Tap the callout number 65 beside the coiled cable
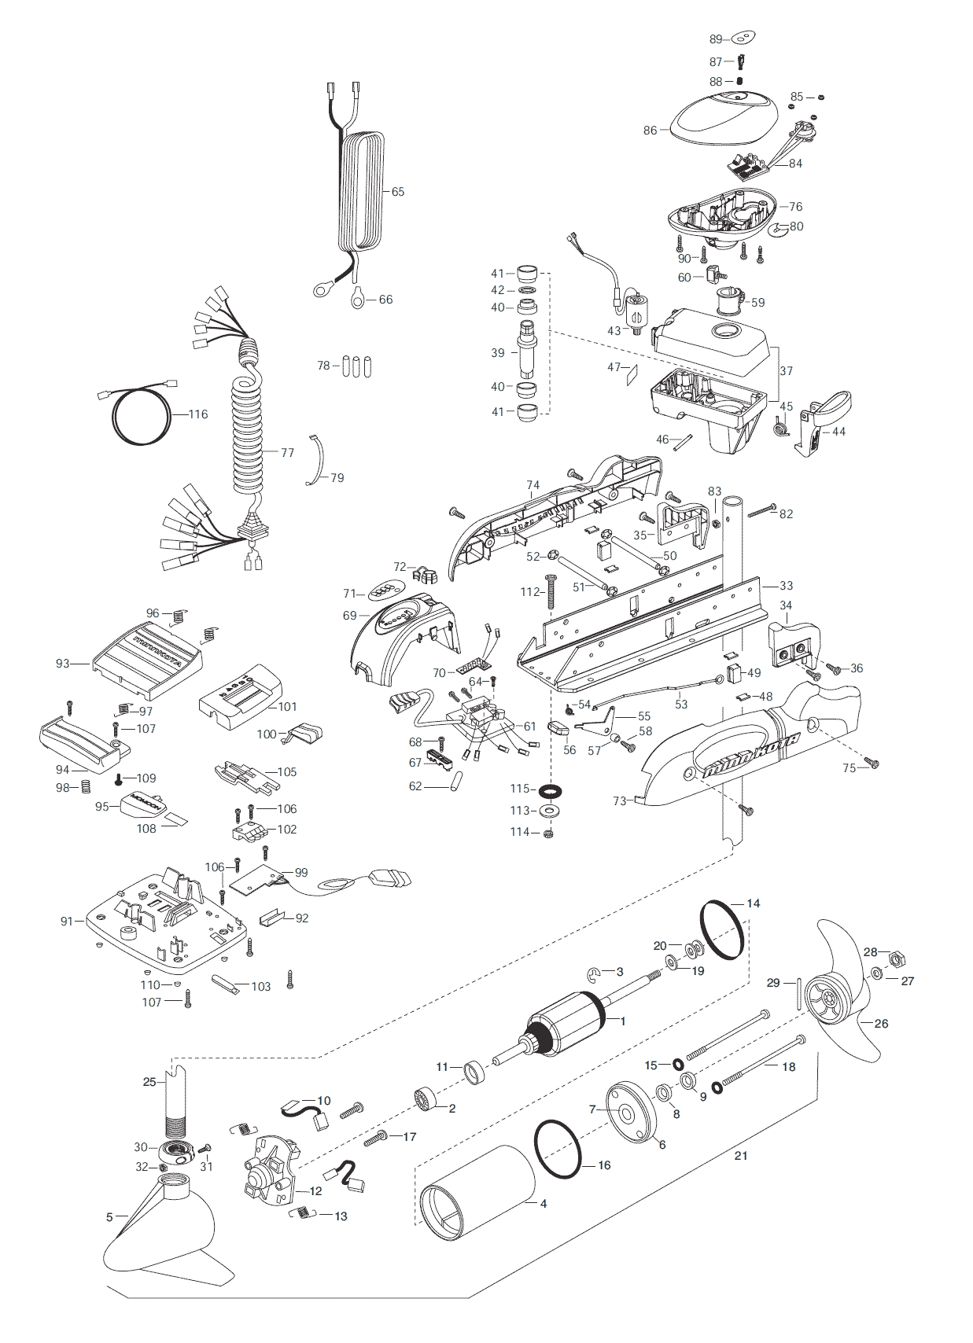[398, 192]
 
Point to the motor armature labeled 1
[565, 1025]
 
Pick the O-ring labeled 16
[558, 1149]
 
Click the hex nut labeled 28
[895, 960]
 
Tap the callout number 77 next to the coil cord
[288, 453]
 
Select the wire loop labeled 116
[142, 416]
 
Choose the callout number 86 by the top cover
[650, 131]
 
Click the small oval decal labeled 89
[743, 38]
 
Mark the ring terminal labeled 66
[359, 298]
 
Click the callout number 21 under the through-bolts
[741, 1156]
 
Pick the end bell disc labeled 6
[631, 1113]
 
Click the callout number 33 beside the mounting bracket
[787, 586]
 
